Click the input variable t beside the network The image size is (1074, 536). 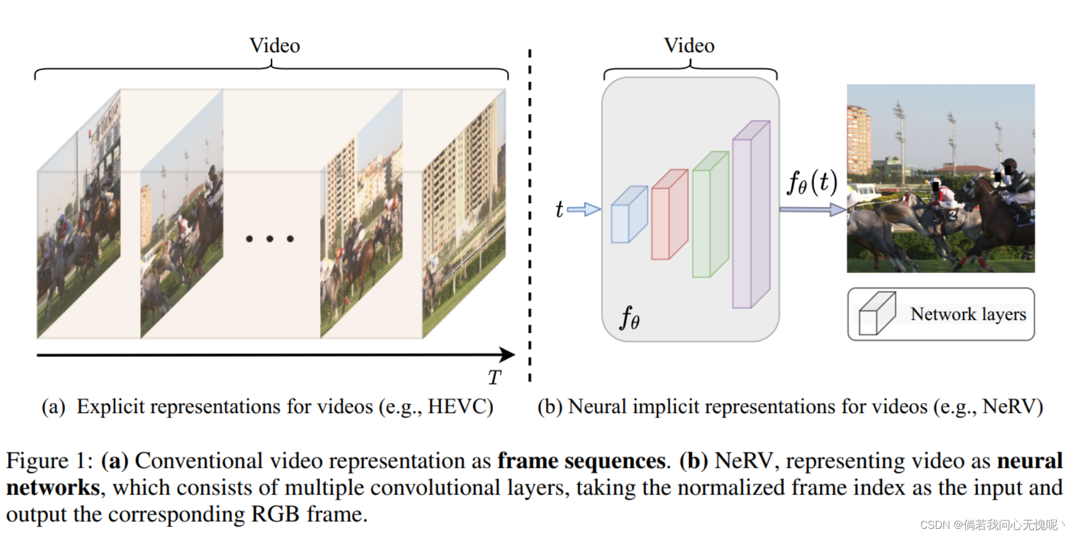click(x=559, y=209)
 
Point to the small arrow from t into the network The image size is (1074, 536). click(x=584, y=209)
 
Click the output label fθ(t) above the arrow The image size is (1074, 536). click(x=812, y=182)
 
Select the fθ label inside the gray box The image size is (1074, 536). click(x=630, y=318)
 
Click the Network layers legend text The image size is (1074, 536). click(x=968, y=314)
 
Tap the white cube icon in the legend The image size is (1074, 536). click(x=876, y=314)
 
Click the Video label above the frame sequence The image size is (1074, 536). click(x=274, y=46)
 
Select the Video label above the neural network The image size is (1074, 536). click(x=689, y=46)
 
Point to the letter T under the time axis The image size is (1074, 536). click(x=494, y=378)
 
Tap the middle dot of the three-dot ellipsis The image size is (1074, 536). click(x=269, y=239)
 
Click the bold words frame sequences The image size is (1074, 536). click(x=581, y=461)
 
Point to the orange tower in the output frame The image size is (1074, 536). click(x=858, y=139)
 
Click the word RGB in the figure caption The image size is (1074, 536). click(x=275, y=514)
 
